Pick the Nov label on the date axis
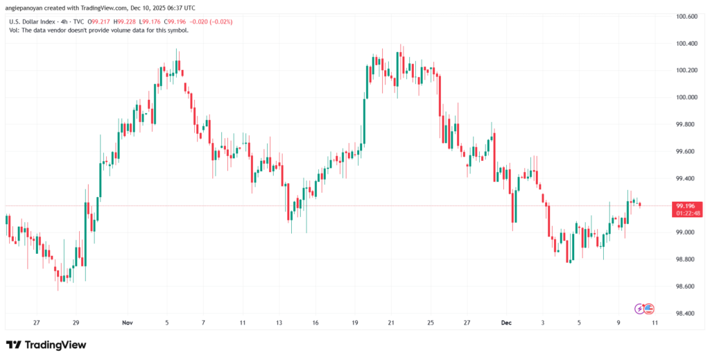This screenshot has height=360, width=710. (x=126, y=323)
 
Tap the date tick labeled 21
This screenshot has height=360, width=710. (x=391, y=323)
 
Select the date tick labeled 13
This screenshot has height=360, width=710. (x=279, y=323)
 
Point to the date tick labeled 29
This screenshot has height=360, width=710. (x=76, y=323)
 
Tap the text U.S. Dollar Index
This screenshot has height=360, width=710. (x=33, y=22)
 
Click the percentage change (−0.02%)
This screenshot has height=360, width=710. (x=220, y=22)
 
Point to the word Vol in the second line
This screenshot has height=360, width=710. (x=13, y=30)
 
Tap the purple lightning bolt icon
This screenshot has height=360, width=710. (x=639, y=308)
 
